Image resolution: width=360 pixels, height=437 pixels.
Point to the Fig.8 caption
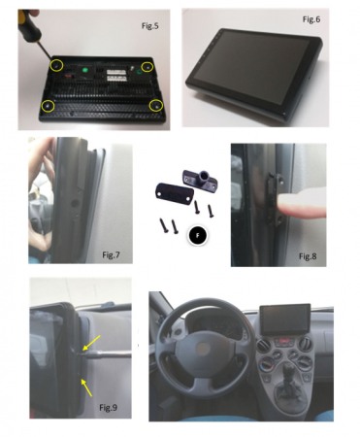(x=308, y=254)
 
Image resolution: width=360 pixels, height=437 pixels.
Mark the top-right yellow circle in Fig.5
(x=147, y=66)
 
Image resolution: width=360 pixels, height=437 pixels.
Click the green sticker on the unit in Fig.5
(x=88, y=70)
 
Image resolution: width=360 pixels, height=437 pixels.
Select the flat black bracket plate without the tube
(x=171, y=190)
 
